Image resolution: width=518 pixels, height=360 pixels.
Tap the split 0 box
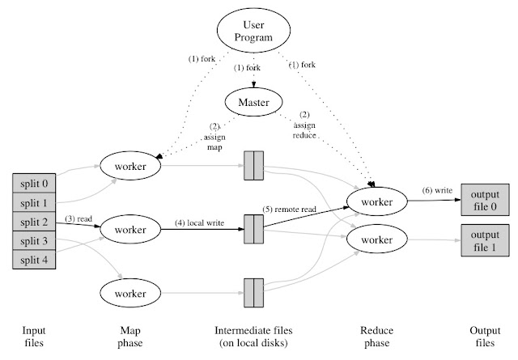(x=34, y=182)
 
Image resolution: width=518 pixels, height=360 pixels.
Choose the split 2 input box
(x=34, y=221)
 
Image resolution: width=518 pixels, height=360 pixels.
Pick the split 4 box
(x=34, y=260)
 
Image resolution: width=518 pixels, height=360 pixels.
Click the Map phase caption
(x=130, y=337)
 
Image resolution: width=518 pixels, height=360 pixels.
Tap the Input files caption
(x=34, y=337)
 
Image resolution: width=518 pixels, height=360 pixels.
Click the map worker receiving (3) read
(x=130, y=230)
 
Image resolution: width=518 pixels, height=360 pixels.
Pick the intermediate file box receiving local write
(x=253, y=230)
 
